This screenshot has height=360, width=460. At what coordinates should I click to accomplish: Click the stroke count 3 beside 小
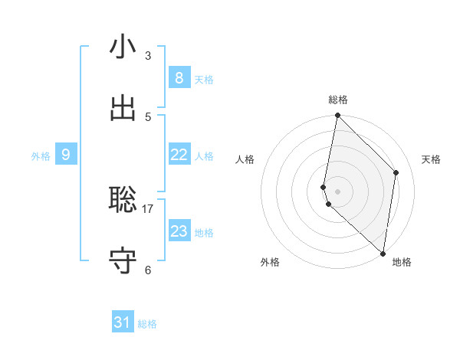pyautogui.click(x=148, y=56)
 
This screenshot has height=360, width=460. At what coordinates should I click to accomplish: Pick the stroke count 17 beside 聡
pyautogui.click(x=148, y=208)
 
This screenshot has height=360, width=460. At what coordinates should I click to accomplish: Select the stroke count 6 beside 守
pyautogui.click(x=148, y=270)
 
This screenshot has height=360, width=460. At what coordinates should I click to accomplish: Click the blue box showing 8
pyautogui.click(x=179, y=78)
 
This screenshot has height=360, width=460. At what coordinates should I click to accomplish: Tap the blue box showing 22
pyautogui.click(x=179, y=155)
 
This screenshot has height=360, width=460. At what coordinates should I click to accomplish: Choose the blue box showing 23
pyautogui.click(x=179, y=231)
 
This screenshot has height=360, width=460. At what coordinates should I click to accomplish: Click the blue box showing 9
pyautogui.click(x=66, y=155)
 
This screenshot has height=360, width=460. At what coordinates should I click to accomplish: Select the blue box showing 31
pyautogui.click(x=123, y=322)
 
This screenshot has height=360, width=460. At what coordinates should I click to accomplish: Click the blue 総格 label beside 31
pyautogui.click(x=147, y=324)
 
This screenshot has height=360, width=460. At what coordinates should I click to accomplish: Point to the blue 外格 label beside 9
pyautogui.click(x=41, y=156)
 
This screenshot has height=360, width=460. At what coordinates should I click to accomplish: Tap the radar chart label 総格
pyautogui.click(x=338, y=100)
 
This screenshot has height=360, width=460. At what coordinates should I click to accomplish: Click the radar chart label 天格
pyautogui.click(x=432, y=159)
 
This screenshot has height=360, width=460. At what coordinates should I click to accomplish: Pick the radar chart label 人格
pyautogui.click(x=245, y=159)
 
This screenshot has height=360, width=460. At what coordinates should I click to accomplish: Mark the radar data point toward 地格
pyautogui.click(x=383, y=253)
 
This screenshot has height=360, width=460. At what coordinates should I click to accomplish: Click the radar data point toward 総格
pyautogui.click(x=337, y=115)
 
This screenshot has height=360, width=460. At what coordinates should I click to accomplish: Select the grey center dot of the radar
pyautogui.click(x=337, y=191)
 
